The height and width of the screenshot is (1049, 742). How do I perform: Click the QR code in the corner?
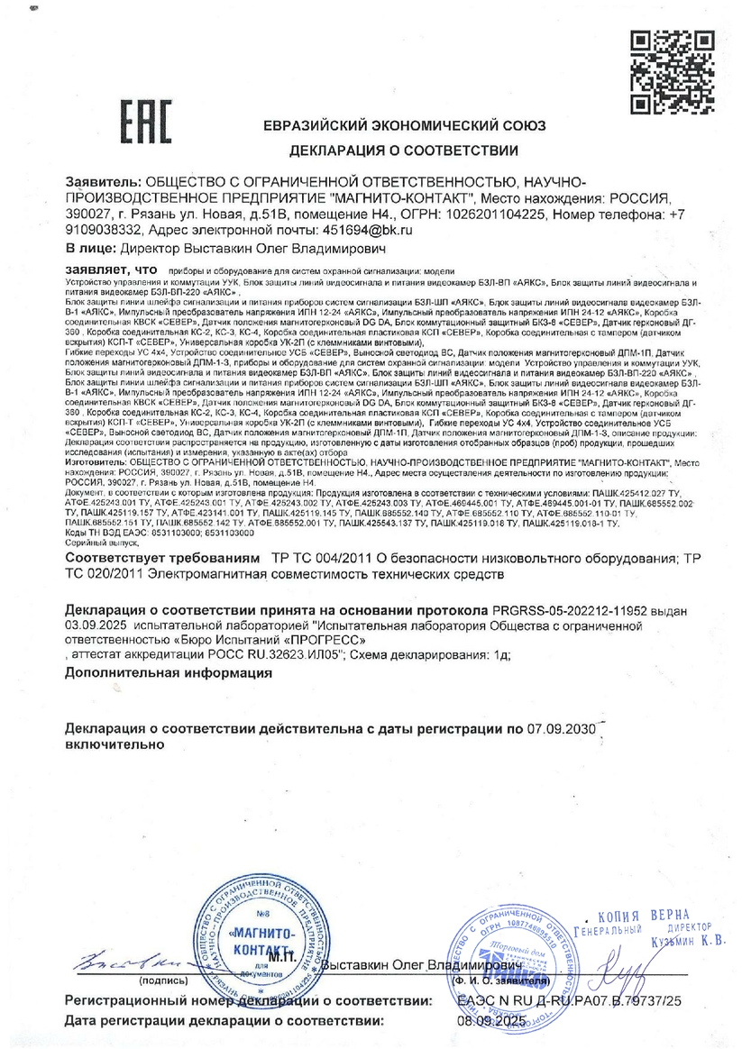click(x=660, y=73)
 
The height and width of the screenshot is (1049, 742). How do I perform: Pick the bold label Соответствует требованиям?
click(x=163, y=558)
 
